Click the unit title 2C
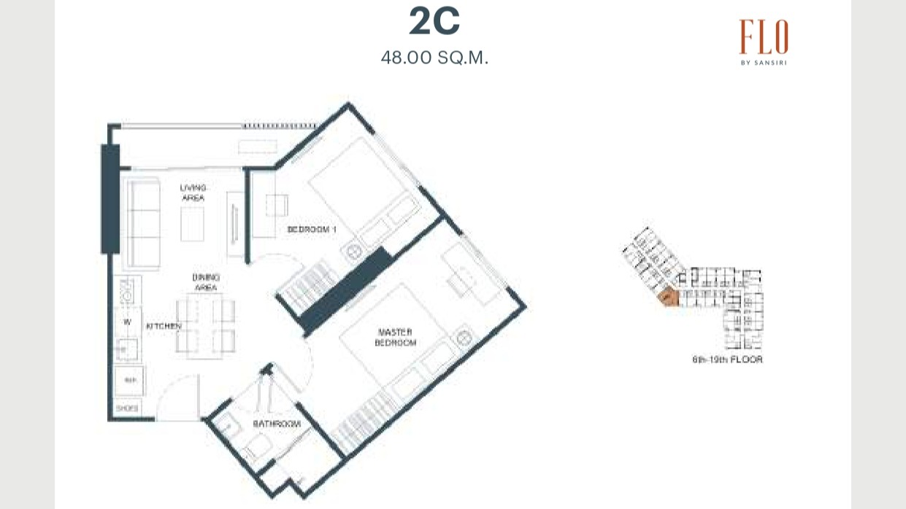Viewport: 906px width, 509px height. point(434,22)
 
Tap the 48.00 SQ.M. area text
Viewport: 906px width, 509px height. point(434,58)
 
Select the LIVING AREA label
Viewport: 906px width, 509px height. point(193,193)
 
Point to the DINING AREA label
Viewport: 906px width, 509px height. point(206,282)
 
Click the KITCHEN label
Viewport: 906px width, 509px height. point(164,326)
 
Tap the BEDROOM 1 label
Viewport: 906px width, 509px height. point(312,230)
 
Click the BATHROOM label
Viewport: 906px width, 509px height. point(277,424)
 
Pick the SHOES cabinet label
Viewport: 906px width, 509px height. point(127,409)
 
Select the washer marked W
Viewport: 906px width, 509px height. point(127,321)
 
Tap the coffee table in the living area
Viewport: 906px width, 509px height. point(193,223)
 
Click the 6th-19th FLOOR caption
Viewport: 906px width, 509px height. point(727,360)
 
